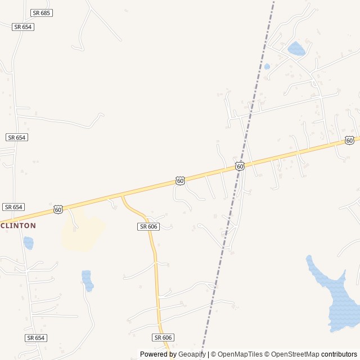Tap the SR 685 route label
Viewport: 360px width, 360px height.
42,12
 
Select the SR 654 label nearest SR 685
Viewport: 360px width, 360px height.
23,26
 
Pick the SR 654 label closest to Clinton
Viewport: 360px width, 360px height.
13,207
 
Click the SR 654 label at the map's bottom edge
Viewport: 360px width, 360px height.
35,337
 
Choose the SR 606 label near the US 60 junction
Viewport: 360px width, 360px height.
148,226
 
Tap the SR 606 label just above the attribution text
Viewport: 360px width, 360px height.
163,337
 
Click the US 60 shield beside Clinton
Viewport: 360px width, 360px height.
58,209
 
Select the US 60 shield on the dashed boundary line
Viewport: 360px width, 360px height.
240,166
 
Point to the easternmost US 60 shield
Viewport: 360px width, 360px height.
349,140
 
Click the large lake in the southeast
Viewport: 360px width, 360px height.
336,298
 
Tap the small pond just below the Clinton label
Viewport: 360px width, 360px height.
28,243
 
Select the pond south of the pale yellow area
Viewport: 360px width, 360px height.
87,280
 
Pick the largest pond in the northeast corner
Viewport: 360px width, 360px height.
296,49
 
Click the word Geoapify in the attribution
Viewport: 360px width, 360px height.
192,354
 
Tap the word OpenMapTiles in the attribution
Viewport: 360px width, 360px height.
240,354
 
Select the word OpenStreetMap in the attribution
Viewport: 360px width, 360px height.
296,354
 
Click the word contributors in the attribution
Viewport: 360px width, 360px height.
339,354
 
